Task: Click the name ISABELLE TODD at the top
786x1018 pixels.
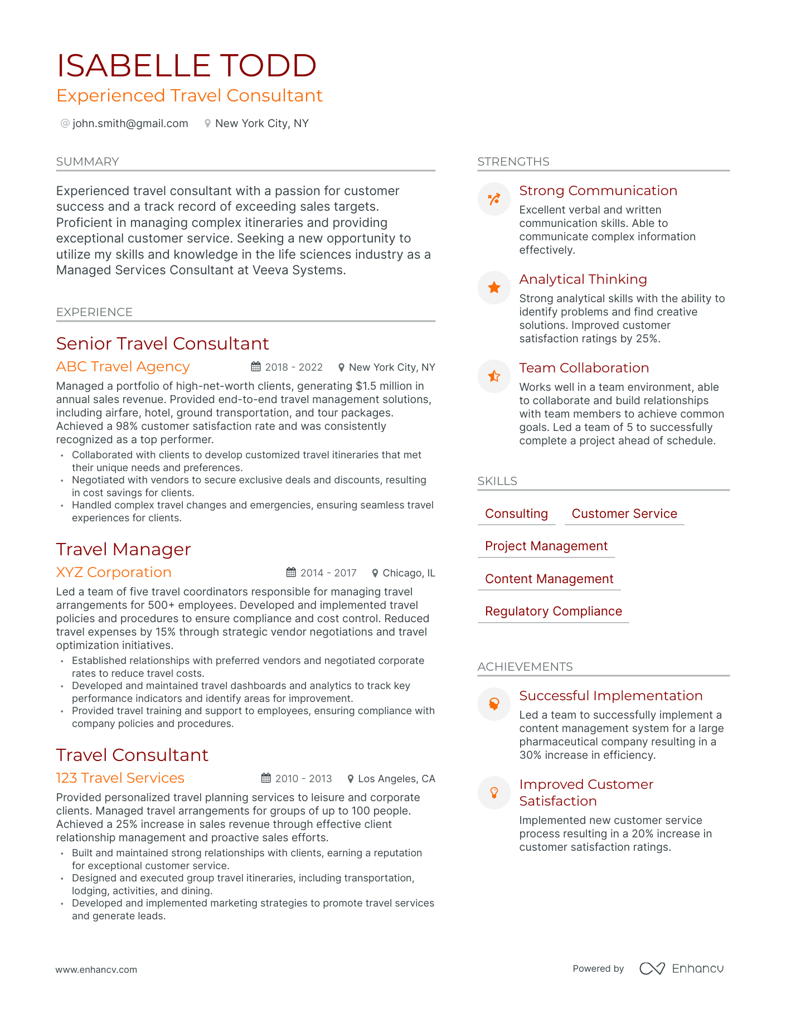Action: [186, 66]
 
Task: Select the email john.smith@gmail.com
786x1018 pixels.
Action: [130, 123]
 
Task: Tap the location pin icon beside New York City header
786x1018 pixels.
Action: [207, 123]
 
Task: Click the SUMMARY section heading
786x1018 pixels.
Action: [88, 162]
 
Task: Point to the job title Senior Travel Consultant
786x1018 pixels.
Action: [162, 343]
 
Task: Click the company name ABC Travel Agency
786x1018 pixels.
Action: [123, 366]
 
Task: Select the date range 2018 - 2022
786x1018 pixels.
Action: [294, 367]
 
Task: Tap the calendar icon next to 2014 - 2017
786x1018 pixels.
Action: [291, 573]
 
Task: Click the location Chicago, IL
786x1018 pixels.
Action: [409, 573]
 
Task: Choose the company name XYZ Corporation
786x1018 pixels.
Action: [114, 572]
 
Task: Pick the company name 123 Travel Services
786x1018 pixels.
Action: [120, 778]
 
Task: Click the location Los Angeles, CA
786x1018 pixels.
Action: [396, 779]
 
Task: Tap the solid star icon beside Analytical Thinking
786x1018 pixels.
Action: [494, 288]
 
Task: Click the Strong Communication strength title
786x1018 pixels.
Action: [598, 191]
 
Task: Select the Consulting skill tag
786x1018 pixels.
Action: [516, 513]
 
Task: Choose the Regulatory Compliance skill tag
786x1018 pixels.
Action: [553, 611]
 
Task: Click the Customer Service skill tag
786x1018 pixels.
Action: [624, 513]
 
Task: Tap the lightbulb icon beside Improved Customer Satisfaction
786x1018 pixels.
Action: [494, 792]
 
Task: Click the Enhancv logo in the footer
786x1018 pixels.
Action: [681, 968]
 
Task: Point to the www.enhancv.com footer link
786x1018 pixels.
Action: [96, 969]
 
